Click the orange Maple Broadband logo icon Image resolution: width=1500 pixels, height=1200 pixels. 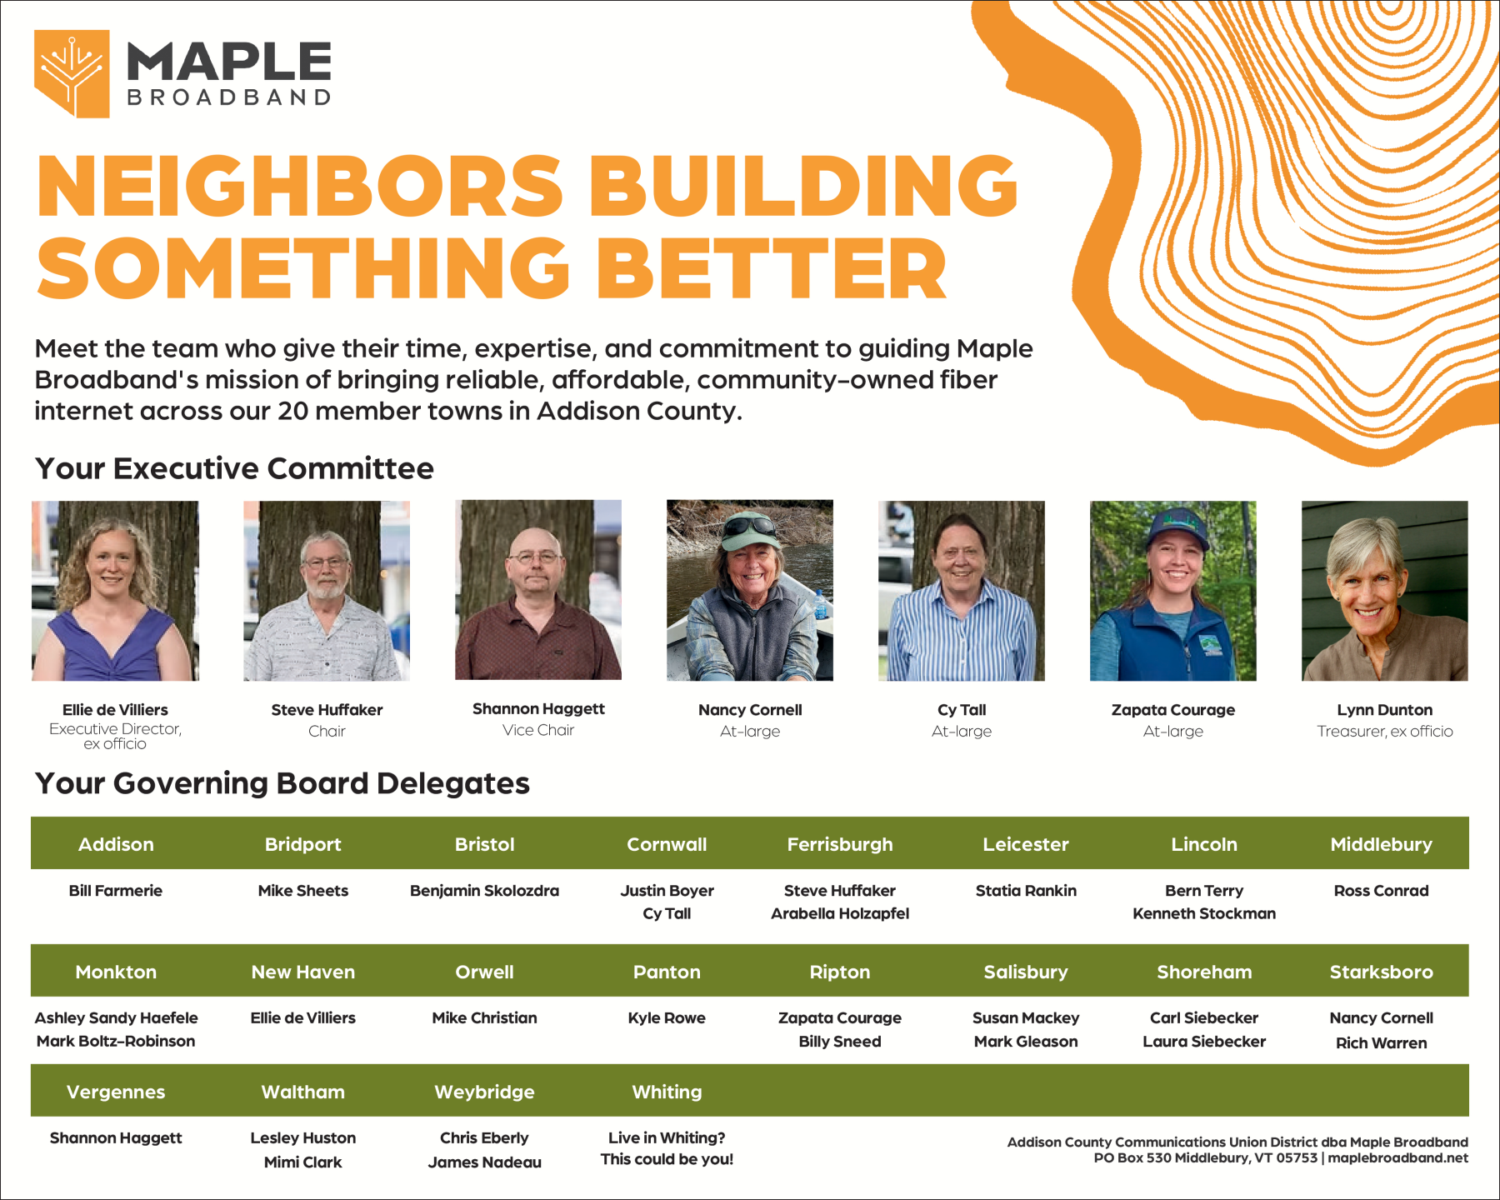[x=72, y=73]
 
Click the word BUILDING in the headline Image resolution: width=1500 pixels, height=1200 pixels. [x=803, y=186]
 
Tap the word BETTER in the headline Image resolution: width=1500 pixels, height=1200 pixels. [x=772, y=267]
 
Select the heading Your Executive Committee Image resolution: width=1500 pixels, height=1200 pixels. [x=234, y=468]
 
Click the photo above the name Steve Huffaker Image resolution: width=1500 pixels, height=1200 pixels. [x=327, y=591]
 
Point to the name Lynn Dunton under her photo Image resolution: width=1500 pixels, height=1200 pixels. [x=1385, y=710]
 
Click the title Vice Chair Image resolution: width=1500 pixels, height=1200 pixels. [x=538, y=730]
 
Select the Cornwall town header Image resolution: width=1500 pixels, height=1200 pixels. [x=667, y=844]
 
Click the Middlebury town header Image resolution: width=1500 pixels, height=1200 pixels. [x=1381, y=844]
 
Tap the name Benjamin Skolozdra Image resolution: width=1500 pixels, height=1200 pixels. [x=484, y=891]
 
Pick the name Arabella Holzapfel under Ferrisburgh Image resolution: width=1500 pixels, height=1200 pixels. [x=840, y=913]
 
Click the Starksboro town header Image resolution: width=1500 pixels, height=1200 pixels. [x=1381, y=972]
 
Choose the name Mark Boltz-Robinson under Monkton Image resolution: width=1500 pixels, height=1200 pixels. [x=116, y=1041]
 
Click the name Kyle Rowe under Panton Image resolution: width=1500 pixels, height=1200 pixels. [x=667, y=1017]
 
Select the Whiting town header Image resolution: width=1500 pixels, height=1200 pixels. [x=667, y=1092]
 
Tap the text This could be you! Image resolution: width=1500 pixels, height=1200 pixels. [x=667, y=1159]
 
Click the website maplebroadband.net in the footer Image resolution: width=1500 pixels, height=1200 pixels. [x=1397, y=1157]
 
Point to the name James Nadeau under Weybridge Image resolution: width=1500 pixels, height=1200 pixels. [x=484, y=1162]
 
